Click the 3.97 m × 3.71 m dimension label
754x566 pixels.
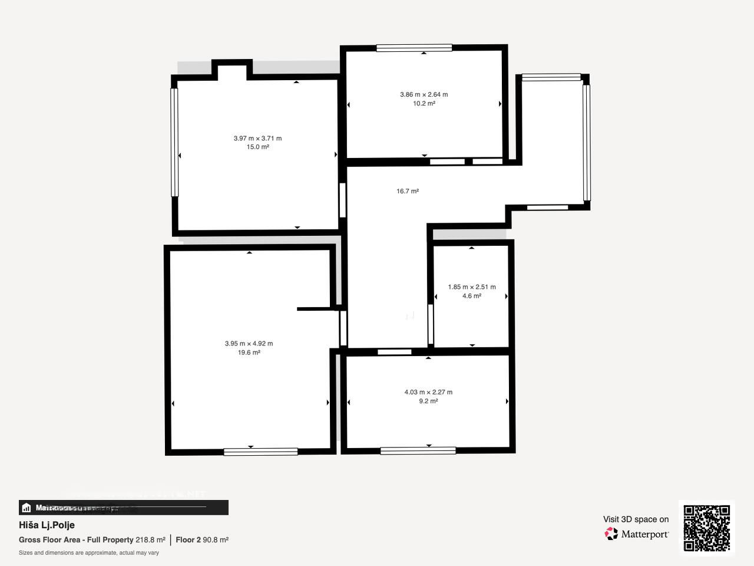[x=257, y=139]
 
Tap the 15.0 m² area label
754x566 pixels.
[x=257, y=147]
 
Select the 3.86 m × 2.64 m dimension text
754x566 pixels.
[x=424, y=94]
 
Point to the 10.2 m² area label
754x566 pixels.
[x=424, y=104]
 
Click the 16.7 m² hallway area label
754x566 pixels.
[x=408, y=192]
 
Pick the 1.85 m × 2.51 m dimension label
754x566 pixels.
[x=471, y=287]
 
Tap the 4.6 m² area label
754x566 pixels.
[x=471, y=296]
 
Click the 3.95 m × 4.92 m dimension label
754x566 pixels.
[x=249, y=344]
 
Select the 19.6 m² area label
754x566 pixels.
[x=249, y=353]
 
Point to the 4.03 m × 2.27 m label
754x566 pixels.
[x=428, y=392]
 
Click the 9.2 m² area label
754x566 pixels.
[x=428, y=402]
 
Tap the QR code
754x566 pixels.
[x=706, y=528]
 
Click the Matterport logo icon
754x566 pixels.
[x=611, y=534]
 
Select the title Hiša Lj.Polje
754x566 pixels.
[x=47, y=525]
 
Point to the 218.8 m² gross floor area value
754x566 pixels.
[x=150, y=540]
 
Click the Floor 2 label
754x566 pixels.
[x=188, y=540]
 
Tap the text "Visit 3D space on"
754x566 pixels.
[x=636, y=519]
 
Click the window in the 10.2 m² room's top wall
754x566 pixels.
[x=414, y=48]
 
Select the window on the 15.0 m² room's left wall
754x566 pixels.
[x=174, y=142]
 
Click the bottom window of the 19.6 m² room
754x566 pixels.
[x=260, y=452]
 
